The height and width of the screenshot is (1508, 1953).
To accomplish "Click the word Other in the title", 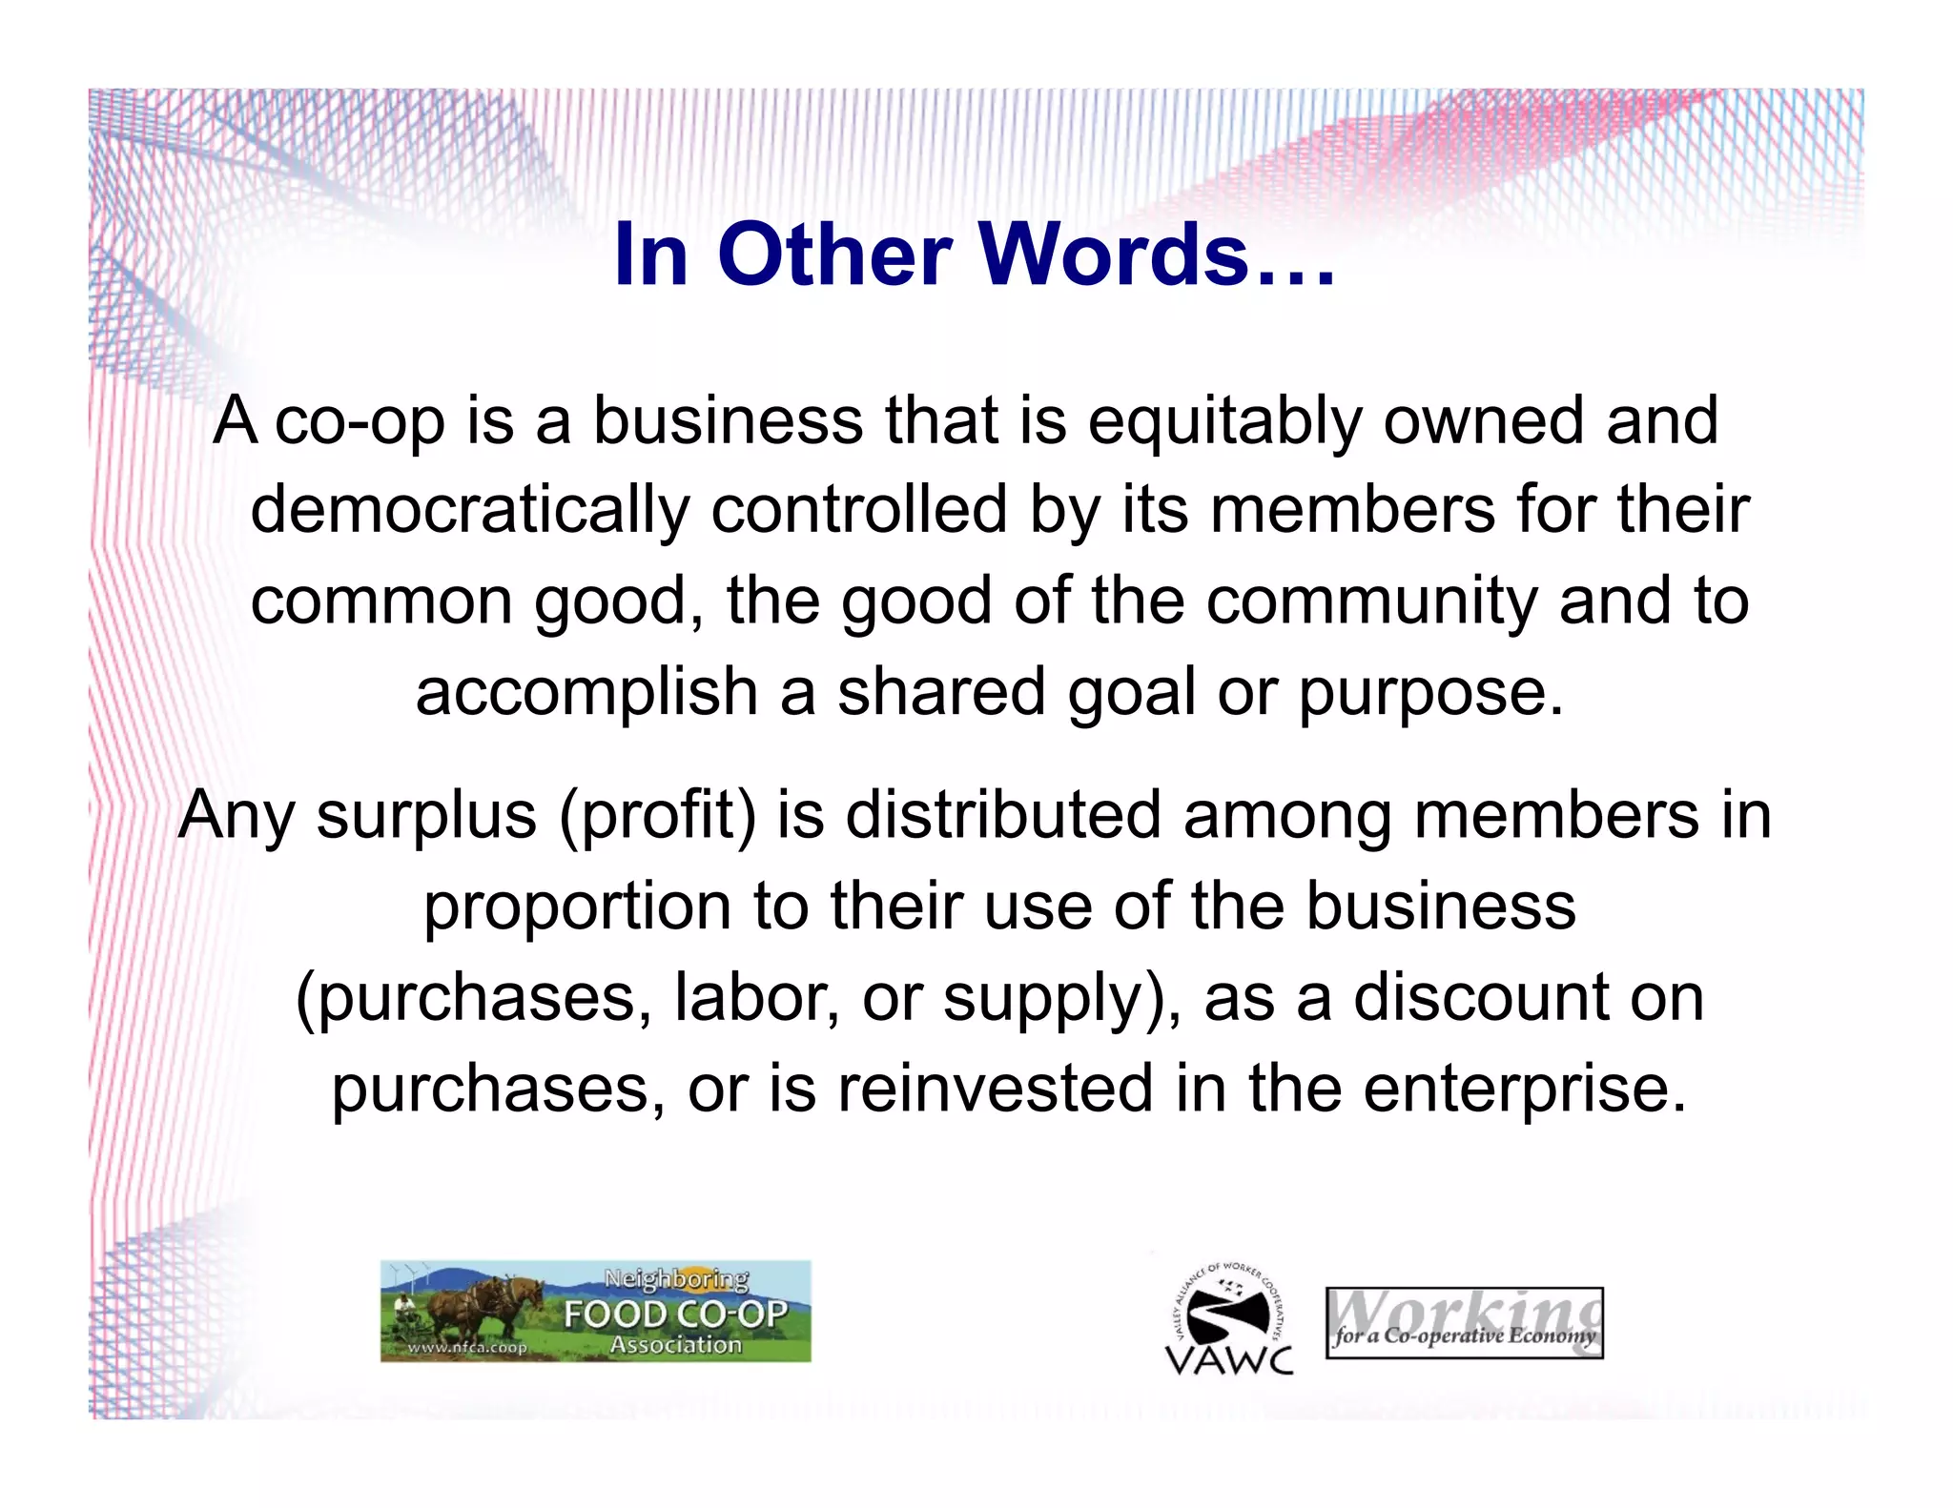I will pos(834,255).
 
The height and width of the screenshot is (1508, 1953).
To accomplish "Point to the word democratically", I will pos(469,510).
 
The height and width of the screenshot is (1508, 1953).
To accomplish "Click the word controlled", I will pos(858,510).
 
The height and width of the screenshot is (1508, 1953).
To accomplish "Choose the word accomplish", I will pos(586,692).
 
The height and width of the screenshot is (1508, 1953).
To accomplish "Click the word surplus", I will pos(426,816).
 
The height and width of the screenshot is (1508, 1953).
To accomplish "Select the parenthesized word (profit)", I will pos(658,816).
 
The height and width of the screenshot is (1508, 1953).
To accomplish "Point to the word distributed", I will pos(1003,816).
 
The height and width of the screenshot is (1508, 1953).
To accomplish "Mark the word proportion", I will pos(577,906).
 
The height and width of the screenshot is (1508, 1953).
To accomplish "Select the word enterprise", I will pos(1524,1089).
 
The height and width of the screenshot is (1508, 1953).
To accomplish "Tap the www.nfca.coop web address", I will pos(466,1348).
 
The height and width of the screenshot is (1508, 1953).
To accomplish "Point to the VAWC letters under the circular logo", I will pos(1229,1359).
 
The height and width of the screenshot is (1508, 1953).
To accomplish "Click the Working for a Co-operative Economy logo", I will pos(1464,1323).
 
